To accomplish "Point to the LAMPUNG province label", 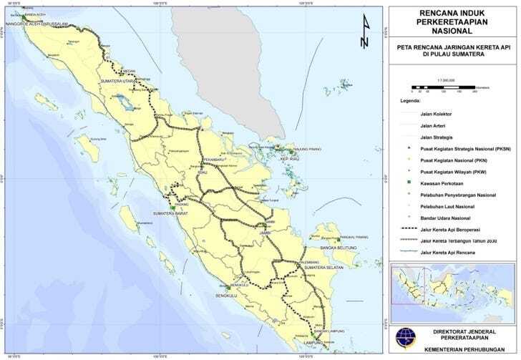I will click(313, 343).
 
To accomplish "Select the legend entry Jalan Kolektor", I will click(435, 114).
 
